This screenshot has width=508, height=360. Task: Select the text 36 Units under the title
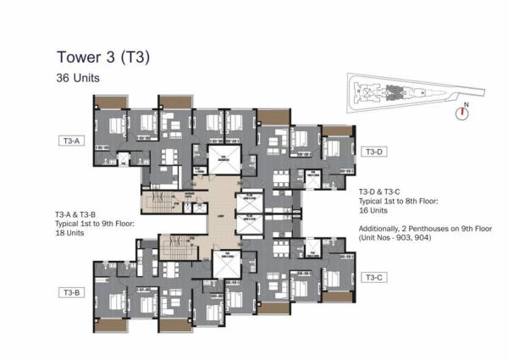tap(78, 78)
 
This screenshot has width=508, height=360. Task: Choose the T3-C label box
tap(374, 277)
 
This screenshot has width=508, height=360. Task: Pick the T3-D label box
tap(374, 152)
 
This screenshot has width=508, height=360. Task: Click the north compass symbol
tap(462, 109)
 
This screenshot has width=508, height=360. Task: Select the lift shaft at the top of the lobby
tap(224, 158)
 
